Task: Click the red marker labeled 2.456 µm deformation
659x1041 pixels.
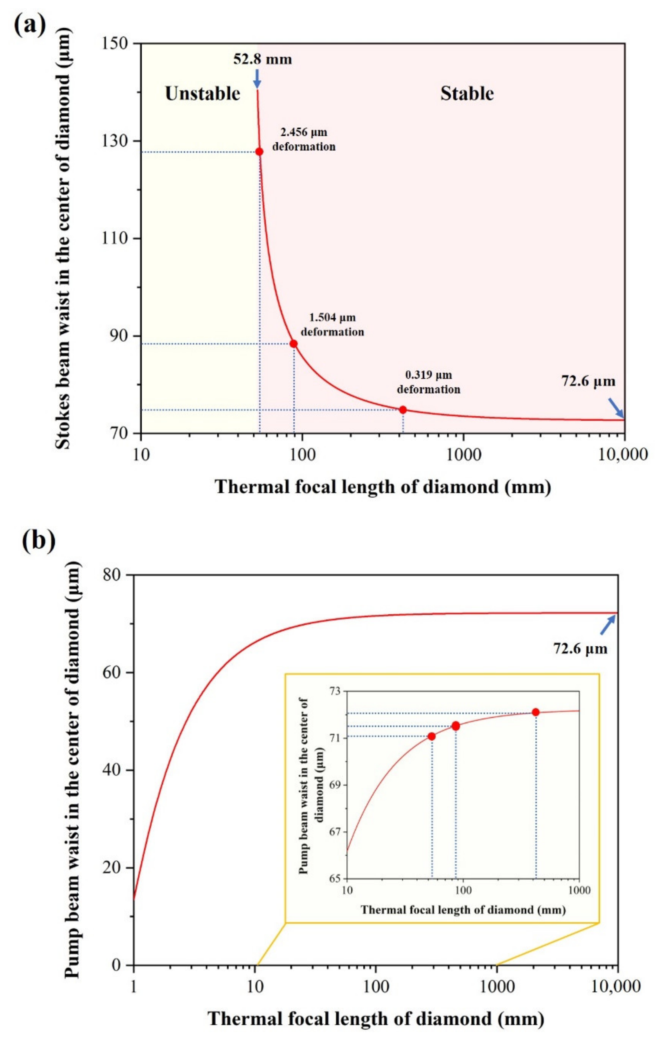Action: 259,152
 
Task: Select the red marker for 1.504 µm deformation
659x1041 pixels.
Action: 293,344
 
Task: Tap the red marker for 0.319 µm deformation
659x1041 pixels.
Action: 403,409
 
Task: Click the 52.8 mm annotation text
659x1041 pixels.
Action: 262,59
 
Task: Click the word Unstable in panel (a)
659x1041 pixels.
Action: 202,93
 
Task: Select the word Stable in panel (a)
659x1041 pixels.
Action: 467,93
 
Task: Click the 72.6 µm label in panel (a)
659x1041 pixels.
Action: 588,381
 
